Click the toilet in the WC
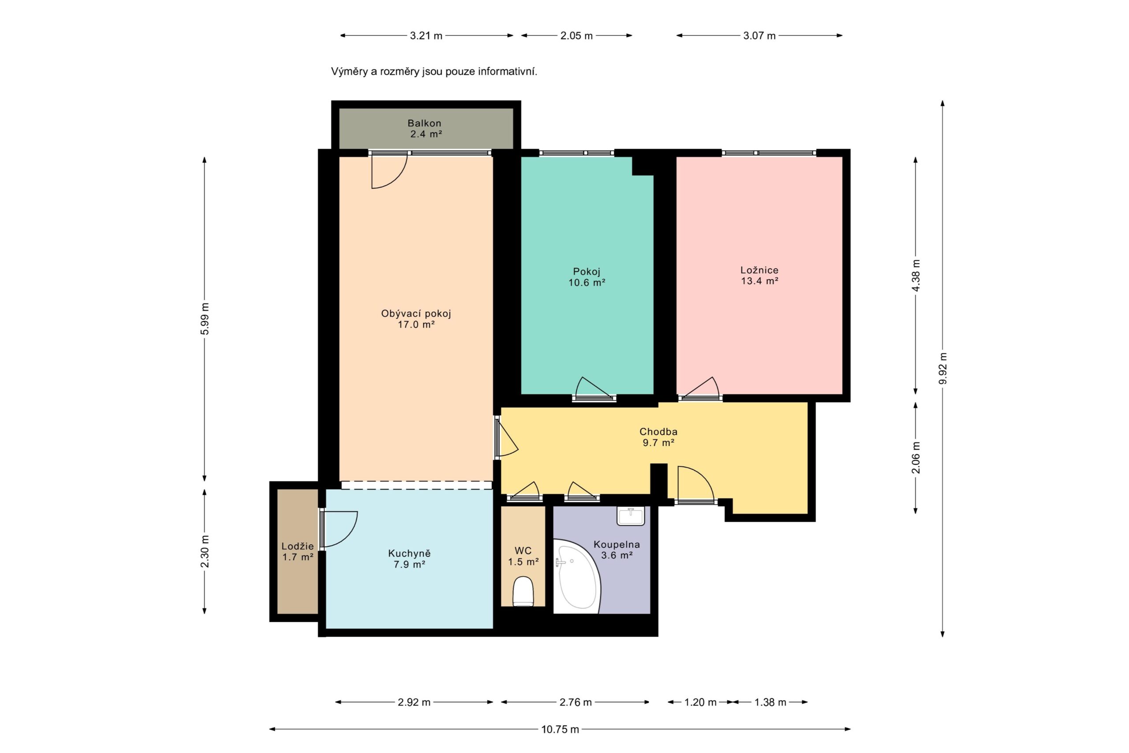tap(523, 591)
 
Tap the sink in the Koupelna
tap(631, 516)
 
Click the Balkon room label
tap(424, 123)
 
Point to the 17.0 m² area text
tap(416, 325)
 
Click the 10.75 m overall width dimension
tap(560, 729)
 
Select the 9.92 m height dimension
tap(943, 368)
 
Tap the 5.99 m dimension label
tap(205, 319)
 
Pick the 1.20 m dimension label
tap(700, 702)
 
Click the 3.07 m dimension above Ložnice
tap(759, 36)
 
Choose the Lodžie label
tap(298, 546)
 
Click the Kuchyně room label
tap(409, 554)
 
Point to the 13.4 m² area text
tap(759, 281)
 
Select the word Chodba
tap(658, 432)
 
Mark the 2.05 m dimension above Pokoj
tap(576, 36)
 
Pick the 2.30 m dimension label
tap(205, 552)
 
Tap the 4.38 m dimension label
tap(916, 275)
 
